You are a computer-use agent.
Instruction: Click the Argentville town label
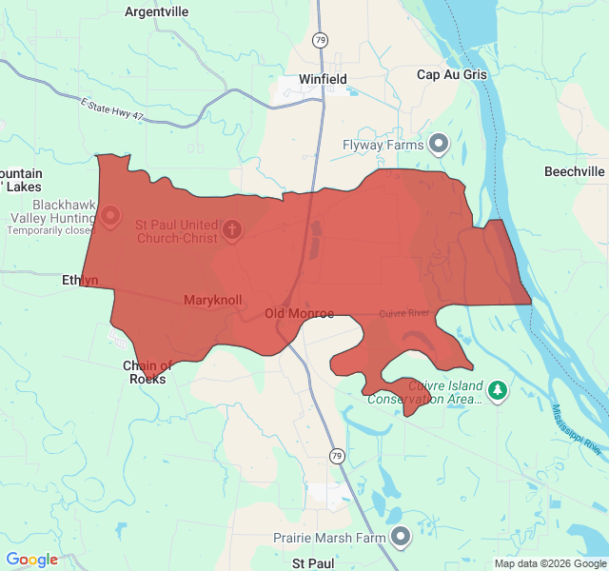click(x=157, y=11)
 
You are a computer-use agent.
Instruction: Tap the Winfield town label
click(x=323, y=79)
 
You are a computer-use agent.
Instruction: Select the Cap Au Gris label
click(x=451, y=74)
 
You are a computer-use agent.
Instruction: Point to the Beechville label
click(x=574, y=171)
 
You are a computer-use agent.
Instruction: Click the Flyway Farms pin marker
click(x=439, y=144)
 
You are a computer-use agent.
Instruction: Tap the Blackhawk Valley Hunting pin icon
click(x=110, y=216)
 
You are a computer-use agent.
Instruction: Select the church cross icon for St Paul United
click(x=231, y=229)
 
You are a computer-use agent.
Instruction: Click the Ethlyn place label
click(x=80, y=280)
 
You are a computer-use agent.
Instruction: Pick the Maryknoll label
click(x=212, y=300)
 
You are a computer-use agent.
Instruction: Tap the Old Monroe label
click(x=299, y=313)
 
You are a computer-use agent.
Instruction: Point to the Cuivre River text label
click(x=404, y=313)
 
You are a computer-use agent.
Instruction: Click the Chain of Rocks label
click(x=147, y=372)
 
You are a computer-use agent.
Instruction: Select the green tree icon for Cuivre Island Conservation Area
click(x=497, y=390)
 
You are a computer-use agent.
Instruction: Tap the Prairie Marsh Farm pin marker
click(x=402, y=537)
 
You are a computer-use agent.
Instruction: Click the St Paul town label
click(x=312, y=563)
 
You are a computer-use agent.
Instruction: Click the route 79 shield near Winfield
click(x=321, y=39)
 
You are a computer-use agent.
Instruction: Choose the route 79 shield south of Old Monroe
click(x=337, y=457)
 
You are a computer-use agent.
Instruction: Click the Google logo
click(x=31, y=560)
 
